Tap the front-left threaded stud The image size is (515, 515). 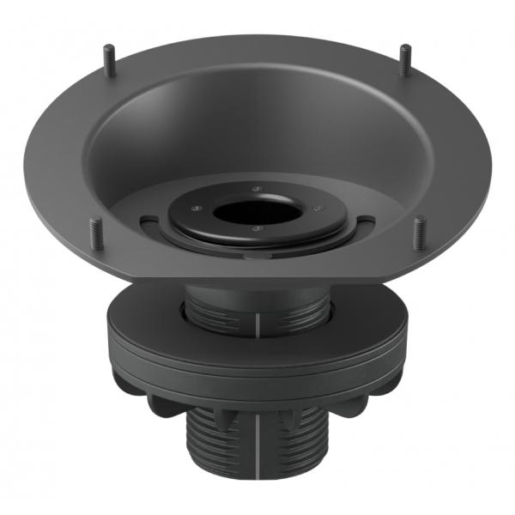pyautogui.click(x=94, y=233)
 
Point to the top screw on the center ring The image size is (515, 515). pyautogui.click(x=258, y=187)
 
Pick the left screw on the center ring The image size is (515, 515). pyautogui.click(x=196, y=205)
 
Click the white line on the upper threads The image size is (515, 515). pyautogui.click(x=257, y=323)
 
